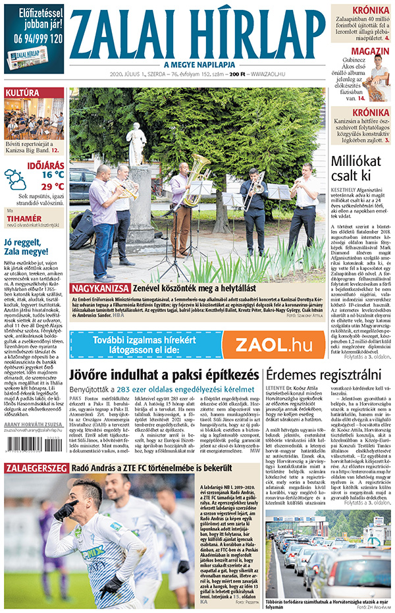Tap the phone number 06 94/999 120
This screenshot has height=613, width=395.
tap(34, 39)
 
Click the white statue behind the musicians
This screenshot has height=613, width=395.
tap(136, 144)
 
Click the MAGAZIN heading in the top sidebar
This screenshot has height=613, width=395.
tap(369, 51)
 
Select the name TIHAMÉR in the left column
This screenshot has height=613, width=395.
tap(24, 218)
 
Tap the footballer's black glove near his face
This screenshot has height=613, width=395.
tap(66, 510)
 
